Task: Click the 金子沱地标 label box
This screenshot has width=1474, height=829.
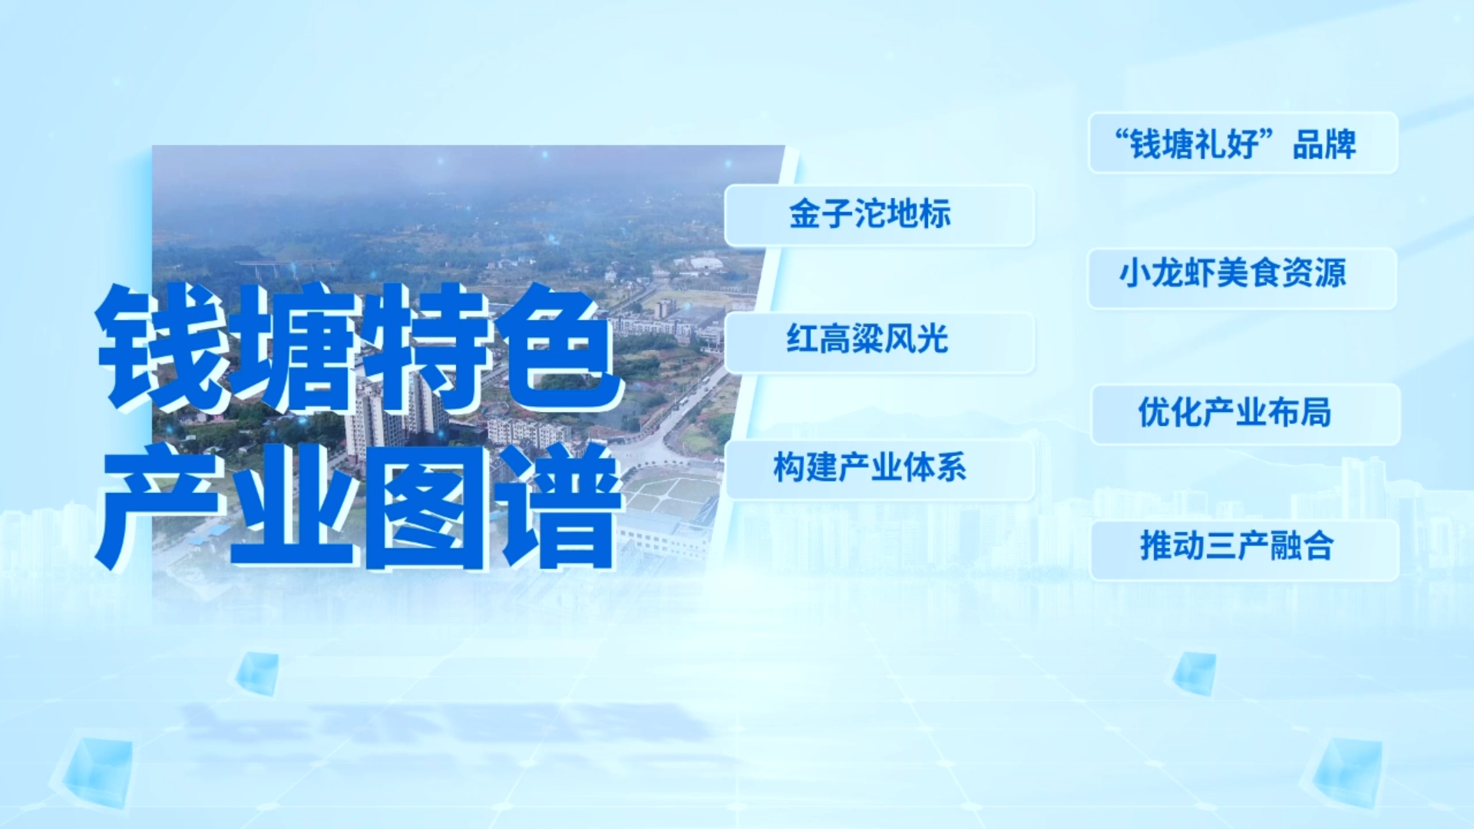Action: click(880, 216)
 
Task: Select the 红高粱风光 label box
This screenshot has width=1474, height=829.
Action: click(880, 342)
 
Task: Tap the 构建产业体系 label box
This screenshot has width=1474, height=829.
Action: click(880, 470)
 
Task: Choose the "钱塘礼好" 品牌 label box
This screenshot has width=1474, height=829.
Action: click(1243, 143)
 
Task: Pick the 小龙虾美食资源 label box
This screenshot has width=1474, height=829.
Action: click(1243, 278)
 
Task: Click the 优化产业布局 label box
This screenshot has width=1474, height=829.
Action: click(1245, 414)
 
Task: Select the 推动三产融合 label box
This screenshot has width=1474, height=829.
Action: click(1244, 550)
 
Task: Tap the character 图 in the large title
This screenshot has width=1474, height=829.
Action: click(427, 507)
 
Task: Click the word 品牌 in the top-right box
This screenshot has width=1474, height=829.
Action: click(1324, 144)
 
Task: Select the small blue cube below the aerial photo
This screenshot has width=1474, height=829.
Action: click(256, 673)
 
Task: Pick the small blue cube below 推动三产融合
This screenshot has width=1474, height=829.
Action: click(1195, 673)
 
